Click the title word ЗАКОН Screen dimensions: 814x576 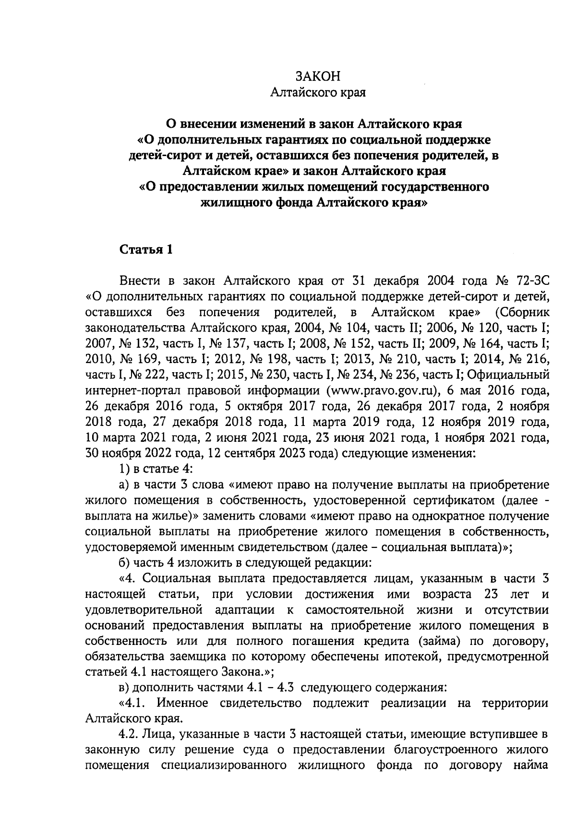coord(318,76)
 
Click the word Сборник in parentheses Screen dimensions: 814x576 coord(522,313)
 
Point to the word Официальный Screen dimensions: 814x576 coord(508,374)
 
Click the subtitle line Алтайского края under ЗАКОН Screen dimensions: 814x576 coord(318,93)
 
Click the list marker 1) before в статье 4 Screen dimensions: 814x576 coord(123,468)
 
